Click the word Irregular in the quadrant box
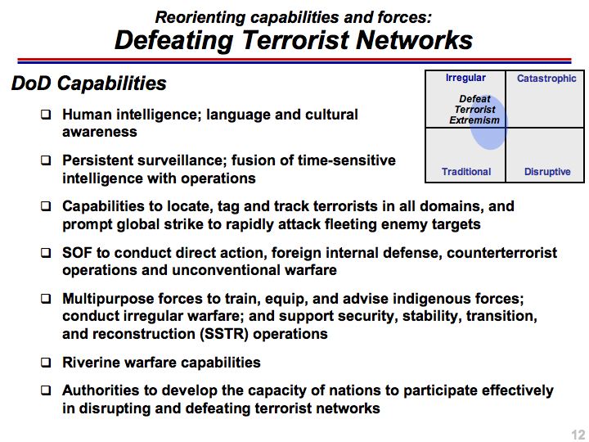pos(465,78)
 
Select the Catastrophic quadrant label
pos(546,79)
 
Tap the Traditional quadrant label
pos(466,172)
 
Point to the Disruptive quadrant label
pos(547,172)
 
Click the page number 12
pos(579,435)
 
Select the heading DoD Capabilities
pos(88,83)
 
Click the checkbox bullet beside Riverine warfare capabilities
pos(46,363)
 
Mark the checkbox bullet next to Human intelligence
pos(46,114)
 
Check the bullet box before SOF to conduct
pos(46,253)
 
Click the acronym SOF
pos(77,253)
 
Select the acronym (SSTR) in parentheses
pos(223,334)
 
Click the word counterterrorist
pos(501,253)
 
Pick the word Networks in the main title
pos(414,40)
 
